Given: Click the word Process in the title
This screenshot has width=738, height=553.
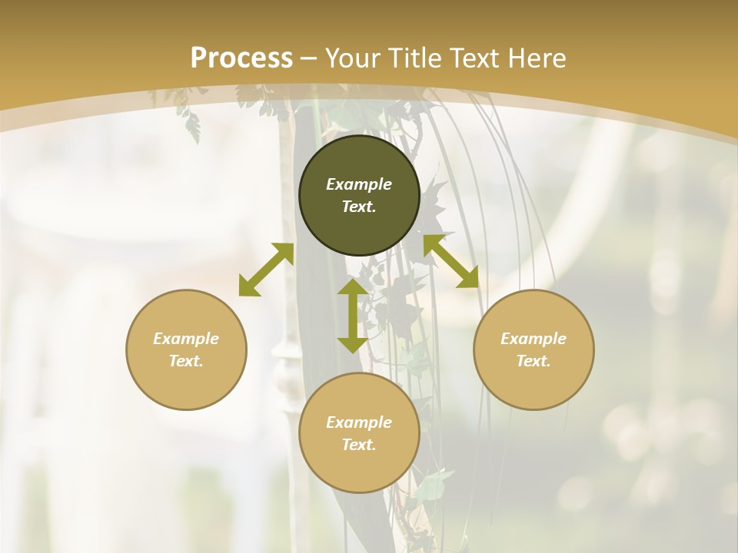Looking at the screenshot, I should click(x=241, y=58).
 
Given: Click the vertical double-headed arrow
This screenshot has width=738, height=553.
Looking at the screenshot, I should click(x=353, y=316).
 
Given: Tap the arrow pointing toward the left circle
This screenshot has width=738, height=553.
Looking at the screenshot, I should click(x=266, y=270).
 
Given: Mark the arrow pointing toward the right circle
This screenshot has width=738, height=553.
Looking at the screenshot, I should click(x=450, y=261).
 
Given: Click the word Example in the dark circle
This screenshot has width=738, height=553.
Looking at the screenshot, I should click(x=359, y=184).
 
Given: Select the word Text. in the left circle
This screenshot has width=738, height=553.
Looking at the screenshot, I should click(x=186, y=361).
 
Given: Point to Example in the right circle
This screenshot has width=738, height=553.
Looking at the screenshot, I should click(x=534, y=339).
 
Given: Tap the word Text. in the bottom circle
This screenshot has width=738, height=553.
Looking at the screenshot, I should click(x=359, y=445).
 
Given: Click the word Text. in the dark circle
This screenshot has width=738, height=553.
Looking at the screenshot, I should click(x=359, y=207).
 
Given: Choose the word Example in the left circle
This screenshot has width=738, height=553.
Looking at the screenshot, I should click(x=186, y=339).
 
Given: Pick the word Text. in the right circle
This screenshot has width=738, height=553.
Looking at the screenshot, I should click(x=534, y=361).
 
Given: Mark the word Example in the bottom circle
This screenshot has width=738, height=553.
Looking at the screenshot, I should click(x=359, y=422).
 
